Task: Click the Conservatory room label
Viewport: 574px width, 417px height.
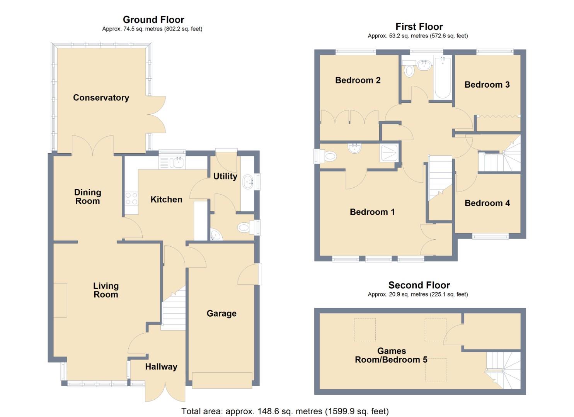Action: click(101, 98)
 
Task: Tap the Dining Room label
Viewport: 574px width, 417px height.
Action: click(87, 197)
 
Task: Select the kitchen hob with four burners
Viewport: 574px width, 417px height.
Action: click(131, 198)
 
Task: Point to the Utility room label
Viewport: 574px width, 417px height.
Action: click(225, 176)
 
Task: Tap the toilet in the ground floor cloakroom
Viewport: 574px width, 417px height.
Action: click(244, 228)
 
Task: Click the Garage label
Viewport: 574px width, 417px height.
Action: click(221, 314)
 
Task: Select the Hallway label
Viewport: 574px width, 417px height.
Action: click(161, 367)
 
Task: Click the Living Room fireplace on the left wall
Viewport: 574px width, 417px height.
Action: click(60, 300)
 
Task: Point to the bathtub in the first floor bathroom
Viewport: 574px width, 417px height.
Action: click(443, 78)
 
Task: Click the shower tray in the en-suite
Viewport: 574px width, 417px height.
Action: click(390, 153)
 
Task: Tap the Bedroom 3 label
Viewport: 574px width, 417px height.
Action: click(487, 85)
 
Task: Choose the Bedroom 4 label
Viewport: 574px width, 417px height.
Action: click(487, 203)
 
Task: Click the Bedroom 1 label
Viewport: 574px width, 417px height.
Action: click(372, 212)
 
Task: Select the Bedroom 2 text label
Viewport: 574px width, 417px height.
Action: click(358, 80)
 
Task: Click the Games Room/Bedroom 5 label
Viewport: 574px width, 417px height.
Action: click(391, 355)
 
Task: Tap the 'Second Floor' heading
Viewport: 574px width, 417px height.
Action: click(419, 285)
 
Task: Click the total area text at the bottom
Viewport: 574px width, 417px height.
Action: click(285, 411)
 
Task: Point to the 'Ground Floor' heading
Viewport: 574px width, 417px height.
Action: click(153, 20)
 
